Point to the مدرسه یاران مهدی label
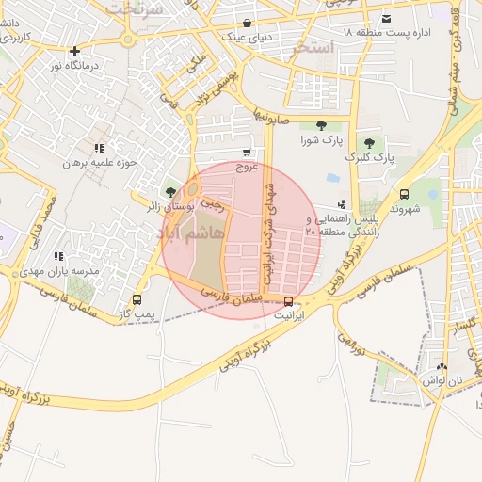tap(91, 270)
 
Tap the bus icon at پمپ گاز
tap(137, 299)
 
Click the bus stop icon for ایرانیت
tap(288, 302)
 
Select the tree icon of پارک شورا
tap(322, 125)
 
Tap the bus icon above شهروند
tap(405, 194)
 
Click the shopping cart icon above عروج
tap(247, 153)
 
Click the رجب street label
tap(213, 201)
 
